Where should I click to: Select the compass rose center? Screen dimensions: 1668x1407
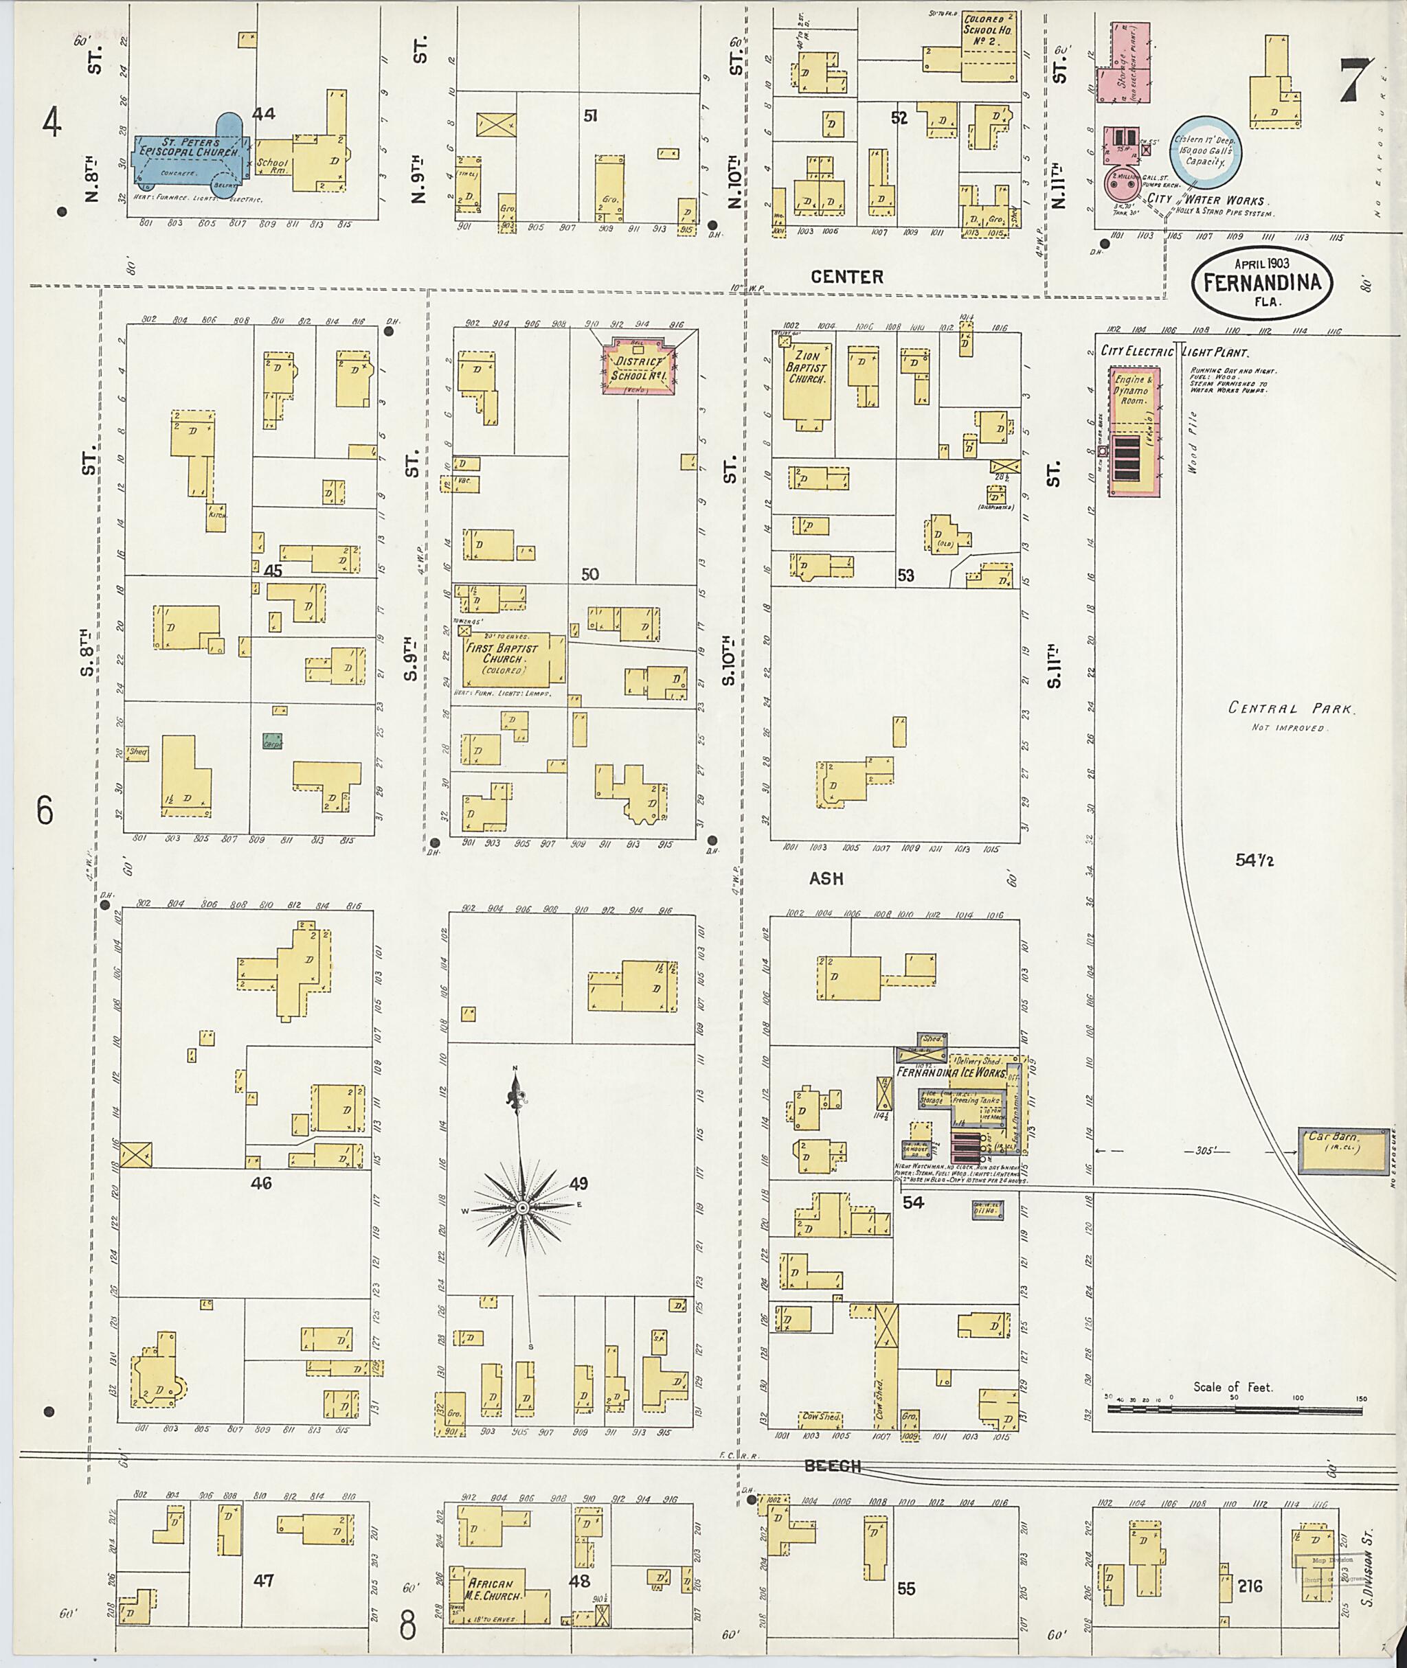click(522, 1208)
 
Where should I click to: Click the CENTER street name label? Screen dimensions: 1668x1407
click(846, 277)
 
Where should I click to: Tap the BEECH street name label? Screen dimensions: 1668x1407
click(832, 1465)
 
